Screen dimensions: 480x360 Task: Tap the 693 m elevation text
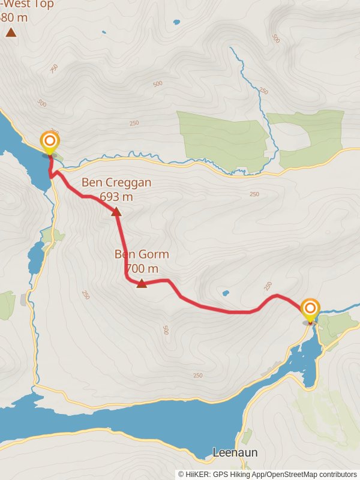(116, 196)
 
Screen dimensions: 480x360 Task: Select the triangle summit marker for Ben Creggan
(116, 211)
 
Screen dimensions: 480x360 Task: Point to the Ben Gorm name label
(142, 254)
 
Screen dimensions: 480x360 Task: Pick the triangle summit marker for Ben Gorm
(142, 284)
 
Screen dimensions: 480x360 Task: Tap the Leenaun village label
(235, 453)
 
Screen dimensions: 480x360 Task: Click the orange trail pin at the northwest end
(50, 142)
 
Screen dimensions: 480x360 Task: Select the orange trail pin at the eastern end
(310, 310)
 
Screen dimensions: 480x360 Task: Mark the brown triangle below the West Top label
(11, 32)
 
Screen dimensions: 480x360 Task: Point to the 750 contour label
(55, 68)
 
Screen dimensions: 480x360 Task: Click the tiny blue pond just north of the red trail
(226, 293)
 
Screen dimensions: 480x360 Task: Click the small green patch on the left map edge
(7, 305)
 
